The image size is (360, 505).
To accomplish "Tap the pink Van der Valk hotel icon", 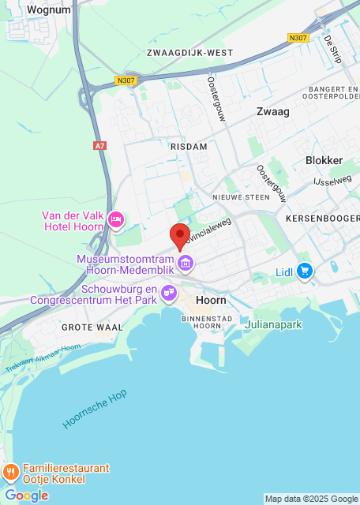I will point(116,219).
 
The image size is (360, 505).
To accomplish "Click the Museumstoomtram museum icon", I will point(186,263).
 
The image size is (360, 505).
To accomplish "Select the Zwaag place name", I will point(272,112).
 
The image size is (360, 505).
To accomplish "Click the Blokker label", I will point(324,160).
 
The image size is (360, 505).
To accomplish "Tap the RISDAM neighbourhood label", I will point(188,147).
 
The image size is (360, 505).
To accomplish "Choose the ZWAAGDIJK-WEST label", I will point(189,53).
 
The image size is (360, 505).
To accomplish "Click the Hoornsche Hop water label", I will point(95,408).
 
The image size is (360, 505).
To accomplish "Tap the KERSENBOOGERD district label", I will point(323,217).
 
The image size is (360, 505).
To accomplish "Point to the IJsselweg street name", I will point(332,181).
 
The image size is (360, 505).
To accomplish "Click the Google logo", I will point(26,496).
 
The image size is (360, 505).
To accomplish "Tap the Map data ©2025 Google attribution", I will point(310,499).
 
